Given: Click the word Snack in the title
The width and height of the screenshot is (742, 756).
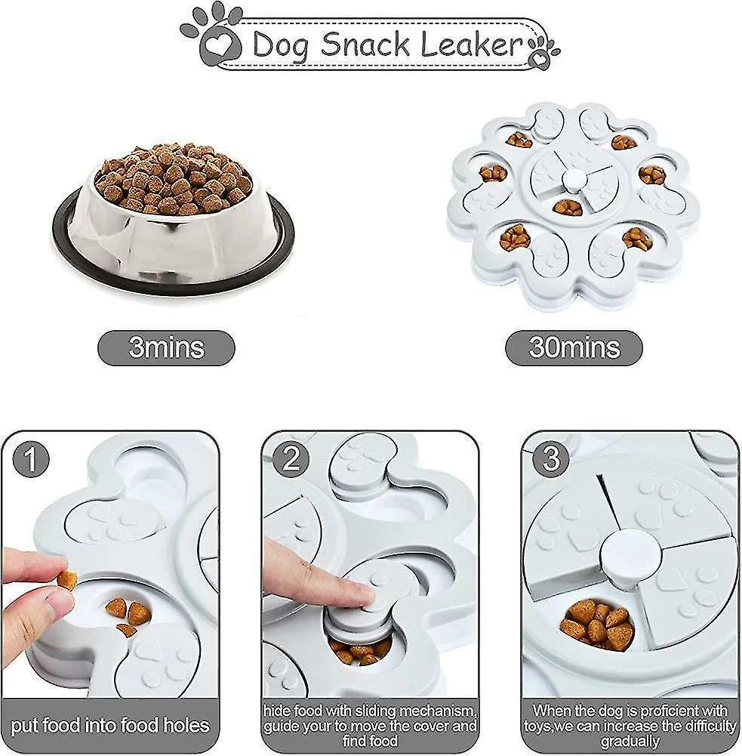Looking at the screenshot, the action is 365,44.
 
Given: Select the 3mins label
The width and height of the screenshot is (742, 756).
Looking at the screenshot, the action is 166,347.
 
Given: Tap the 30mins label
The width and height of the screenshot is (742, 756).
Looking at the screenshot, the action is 574,347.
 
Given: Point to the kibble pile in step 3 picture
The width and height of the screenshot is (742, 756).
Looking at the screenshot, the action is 597,623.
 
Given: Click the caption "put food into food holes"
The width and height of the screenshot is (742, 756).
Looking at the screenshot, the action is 110,726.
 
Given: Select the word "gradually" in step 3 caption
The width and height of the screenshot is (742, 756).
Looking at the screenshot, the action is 630,742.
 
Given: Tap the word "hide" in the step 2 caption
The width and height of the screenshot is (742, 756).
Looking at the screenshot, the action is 277,711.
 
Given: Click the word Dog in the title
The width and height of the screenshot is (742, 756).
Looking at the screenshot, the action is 280,46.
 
